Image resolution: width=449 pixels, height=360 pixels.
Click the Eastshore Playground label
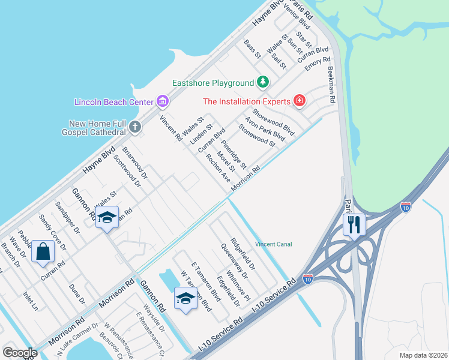point(213,83)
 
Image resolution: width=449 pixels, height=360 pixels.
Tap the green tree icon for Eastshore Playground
point(262,82)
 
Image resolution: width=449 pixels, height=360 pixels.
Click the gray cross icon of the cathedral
point(135,126)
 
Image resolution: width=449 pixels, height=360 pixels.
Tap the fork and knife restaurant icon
point(353,224)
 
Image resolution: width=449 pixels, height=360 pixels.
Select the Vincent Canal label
point(273,244)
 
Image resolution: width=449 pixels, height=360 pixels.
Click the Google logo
point(20,352)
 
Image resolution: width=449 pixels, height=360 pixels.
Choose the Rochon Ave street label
point(217,168)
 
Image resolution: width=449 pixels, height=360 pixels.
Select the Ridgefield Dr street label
point(243,255)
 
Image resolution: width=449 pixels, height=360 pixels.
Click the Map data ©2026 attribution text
point(423,355)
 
